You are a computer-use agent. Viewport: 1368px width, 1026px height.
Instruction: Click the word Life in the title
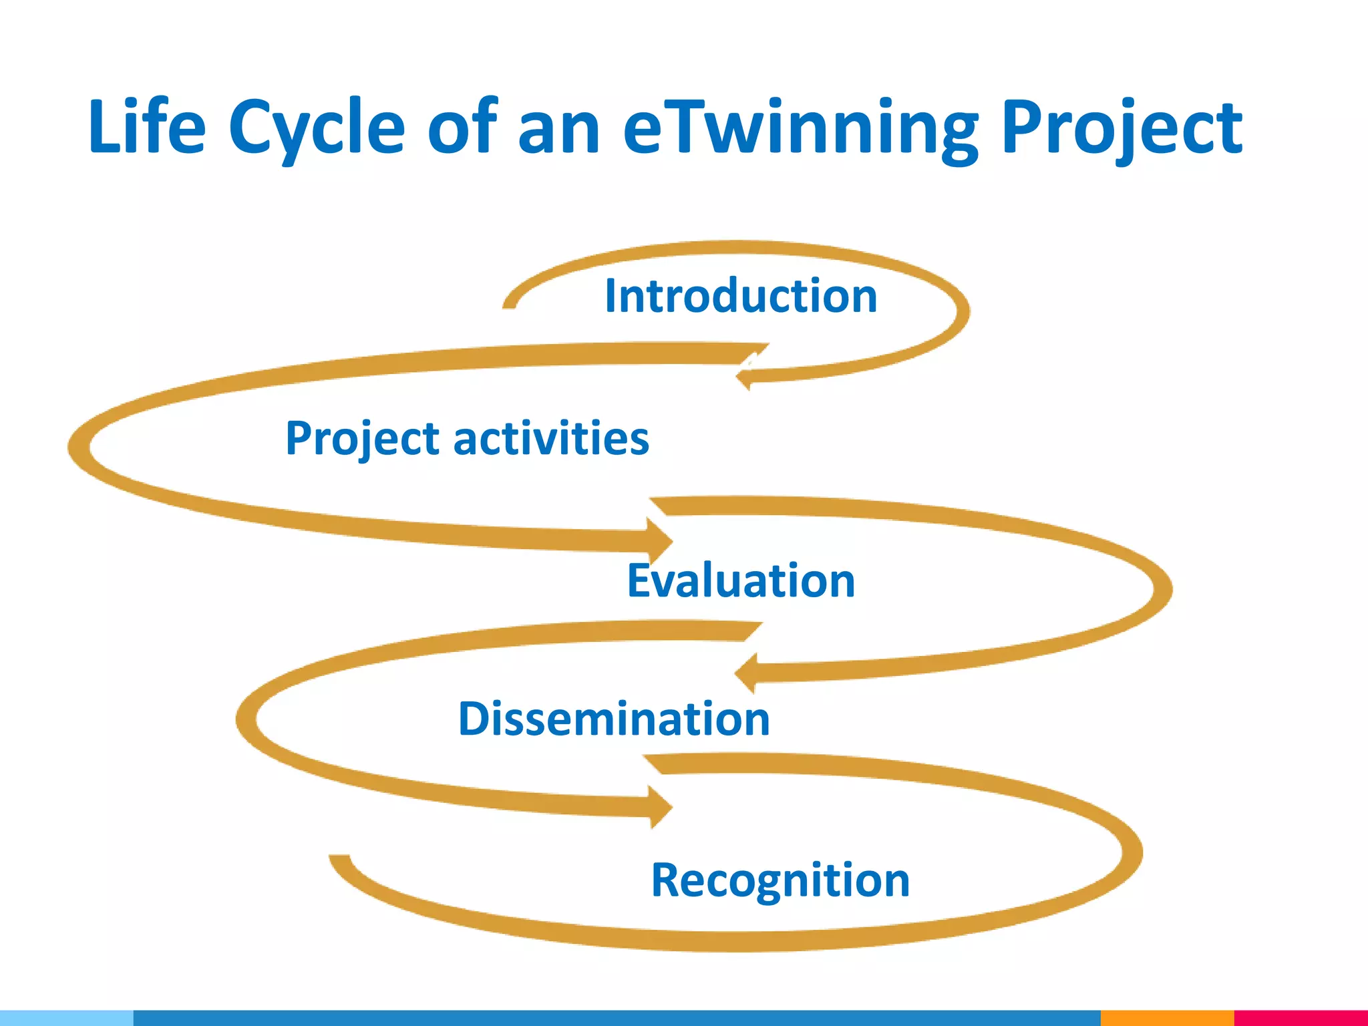click(147, 127)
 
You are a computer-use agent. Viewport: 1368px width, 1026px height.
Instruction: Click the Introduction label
click(740, 296)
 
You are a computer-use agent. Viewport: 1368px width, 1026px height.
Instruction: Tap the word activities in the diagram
click(551, 439)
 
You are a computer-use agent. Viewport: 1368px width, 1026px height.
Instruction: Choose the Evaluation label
click(740, 580)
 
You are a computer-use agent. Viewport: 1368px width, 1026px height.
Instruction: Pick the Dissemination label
click(614, 719)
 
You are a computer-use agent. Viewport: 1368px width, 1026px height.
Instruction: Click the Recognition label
click(780, 880)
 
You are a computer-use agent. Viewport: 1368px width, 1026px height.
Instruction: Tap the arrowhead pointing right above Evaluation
click(660, 540)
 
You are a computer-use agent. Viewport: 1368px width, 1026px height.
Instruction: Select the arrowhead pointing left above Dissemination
click(745, 672)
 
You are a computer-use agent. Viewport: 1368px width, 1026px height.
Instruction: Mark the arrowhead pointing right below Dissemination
click(660, 806)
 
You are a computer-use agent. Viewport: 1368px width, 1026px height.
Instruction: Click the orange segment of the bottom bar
click(1166, 1018)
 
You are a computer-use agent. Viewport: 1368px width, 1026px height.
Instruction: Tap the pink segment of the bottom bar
click(1300, 1018)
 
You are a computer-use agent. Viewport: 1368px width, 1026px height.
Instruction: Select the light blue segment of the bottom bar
click(67, 1018)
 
